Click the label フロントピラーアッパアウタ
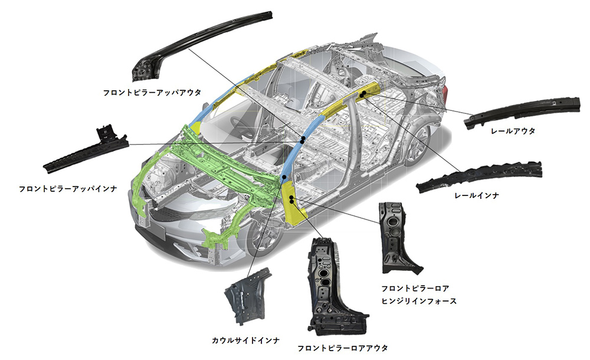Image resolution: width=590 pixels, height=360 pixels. (152, 93)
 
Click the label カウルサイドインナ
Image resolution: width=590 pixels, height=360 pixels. (245, 341)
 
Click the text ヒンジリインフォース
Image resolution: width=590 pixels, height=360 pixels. (419, 302)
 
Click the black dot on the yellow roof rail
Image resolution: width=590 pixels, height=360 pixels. (365, 93)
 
